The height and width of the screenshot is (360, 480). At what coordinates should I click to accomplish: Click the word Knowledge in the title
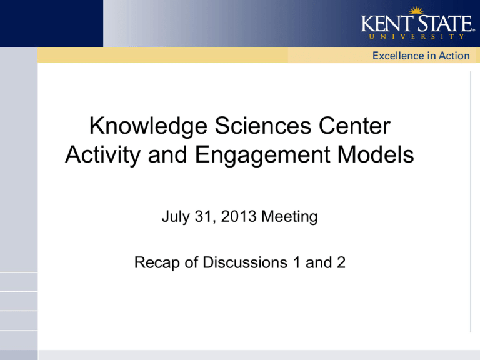pyautogui.click(x=149, y=126)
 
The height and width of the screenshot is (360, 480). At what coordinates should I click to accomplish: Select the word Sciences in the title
pyautogui.click(x=262, y=126)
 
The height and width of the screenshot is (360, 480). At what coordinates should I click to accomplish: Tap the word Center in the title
pyautogui.click(x=354, y=126)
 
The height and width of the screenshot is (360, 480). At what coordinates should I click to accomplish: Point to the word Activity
pyautogui.click(x=103, y=155)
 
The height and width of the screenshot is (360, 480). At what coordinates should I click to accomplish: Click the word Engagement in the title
pyautogui.click(x=262, y=155)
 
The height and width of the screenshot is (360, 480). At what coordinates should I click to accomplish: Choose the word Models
pyautogui.click(x=376, y=154)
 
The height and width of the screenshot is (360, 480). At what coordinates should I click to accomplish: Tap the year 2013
pyautogui.click(x=239, y=216)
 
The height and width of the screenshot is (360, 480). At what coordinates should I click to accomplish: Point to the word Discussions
pyautogui.click(x=245, y=262)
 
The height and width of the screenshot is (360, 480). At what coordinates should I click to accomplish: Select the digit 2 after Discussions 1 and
pyautogui.click(x=341, y=262)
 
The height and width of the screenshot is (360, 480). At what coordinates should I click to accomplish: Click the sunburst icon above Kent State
pyautogui.click(x=416, y=11)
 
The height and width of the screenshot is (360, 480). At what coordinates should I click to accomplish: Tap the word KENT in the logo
pyautogui.click(x=387, y=23)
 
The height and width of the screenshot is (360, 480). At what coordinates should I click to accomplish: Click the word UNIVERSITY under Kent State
pyautogui.click(x=417, y=36)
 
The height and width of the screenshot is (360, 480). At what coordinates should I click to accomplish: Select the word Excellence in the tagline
pyautogui.click(x=398, y=56)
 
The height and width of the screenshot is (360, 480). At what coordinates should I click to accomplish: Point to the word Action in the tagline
pyautogui.click(x=454, y=56)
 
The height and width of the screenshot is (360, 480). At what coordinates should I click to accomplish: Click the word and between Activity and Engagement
pyautogui.click(x=167, y=154)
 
